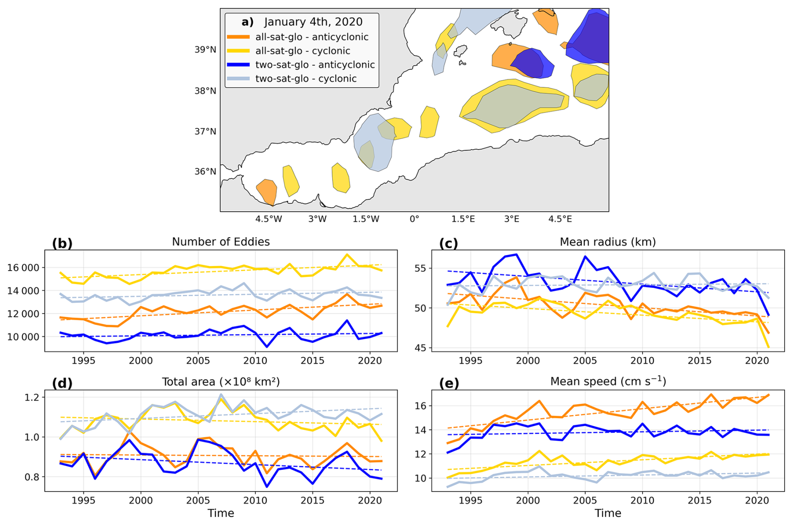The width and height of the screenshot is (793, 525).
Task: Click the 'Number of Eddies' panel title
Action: point(220,242)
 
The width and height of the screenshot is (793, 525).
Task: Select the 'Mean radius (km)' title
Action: point(607,242)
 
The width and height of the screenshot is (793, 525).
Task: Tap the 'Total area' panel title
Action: point(220,382)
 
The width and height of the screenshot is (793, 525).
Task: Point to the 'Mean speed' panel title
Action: point(608,381)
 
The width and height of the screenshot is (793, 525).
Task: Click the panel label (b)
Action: point(62,243)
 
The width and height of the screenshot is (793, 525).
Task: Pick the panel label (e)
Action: point(449,383)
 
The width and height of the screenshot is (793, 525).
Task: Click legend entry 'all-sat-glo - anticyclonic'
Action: point(311,37)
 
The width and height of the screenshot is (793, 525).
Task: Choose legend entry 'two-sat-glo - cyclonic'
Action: point(306,78)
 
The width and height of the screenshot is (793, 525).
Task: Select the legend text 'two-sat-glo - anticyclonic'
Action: point(315,65)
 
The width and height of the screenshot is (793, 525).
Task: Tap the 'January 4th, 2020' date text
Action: point(313,22)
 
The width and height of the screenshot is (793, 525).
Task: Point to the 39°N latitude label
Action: point(205,50)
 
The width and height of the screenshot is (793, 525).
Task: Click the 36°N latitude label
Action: point(205,171)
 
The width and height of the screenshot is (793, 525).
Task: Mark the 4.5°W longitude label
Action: point(269,219)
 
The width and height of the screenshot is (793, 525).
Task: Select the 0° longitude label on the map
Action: point(414,219)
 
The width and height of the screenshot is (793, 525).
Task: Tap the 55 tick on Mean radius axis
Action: point(420,268)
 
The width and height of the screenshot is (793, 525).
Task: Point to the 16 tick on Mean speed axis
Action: point(420,406)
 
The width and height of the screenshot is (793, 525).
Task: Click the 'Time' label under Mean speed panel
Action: point(608,513)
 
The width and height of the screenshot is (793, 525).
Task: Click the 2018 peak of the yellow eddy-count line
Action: point(347,254)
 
